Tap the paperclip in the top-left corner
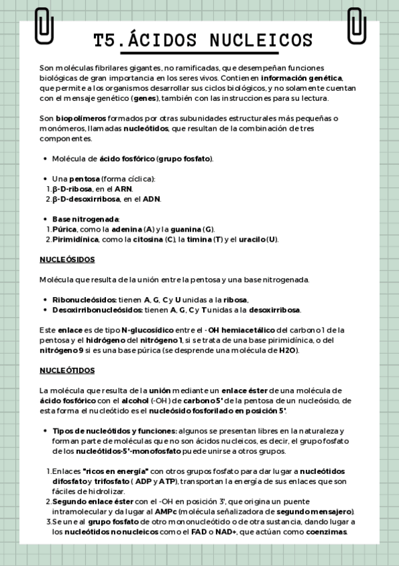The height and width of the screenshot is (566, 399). [x=44, y=25]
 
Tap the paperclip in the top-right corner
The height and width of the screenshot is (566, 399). [x=356, y=25]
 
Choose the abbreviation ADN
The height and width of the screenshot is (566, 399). [x=152, y=199]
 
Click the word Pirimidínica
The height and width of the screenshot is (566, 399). [x=76, y=239]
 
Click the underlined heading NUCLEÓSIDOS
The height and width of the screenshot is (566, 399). [x=67, y=259]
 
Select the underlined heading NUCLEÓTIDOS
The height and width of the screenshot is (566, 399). [x=67, y=370]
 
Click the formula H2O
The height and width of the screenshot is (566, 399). [x=288, y=350]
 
